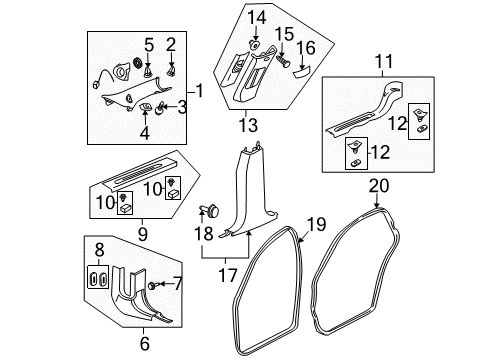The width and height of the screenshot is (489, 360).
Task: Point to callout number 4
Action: pyautogui.click(x=144, y=132)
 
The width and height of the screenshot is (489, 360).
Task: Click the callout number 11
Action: pyautogui.click(x=381, y=61)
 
